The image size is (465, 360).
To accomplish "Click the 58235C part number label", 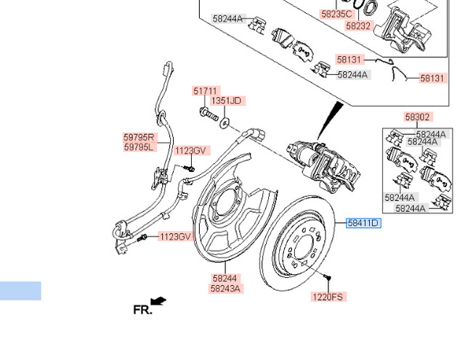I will [x=336, y=13].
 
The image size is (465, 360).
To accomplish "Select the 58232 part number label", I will [x=357, y=25].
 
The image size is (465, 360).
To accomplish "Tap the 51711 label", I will [x=205, y=91].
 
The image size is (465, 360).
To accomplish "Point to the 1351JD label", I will [x=227, y=101].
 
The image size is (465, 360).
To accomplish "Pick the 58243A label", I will [x=226, y=288].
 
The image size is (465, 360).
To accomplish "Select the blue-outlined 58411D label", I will [x=363, y=223].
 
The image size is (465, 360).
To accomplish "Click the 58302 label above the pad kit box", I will [x=417, y=116].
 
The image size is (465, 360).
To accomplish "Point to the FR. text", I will [x=143, y=309].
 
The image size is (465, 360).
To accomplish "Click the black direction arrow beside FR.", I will [x=158, y=300].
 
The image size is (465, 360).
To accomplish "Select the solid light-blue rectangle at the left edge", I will [x=20, y=291].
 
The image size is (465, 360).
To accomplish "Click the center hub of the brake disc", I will [x=301, y=252].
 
